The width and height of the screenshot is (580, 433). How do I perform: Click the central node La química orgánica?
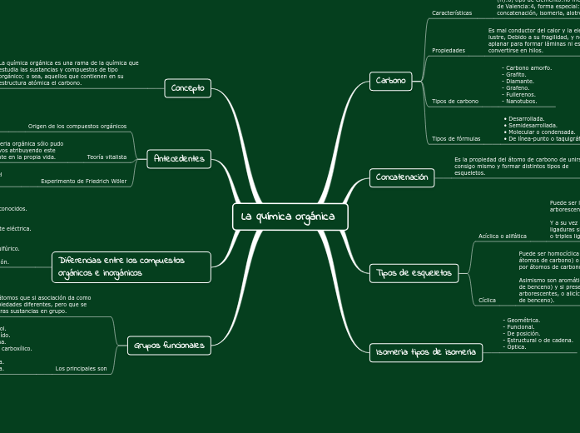tap(289, 217)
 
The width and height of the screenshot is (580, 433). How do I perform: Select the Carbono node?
tap(391, 81)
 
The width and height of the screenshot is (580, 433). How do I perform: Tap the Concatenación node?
tap(402, 177)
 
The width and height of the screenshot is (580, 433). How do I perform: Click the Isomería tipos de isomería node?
tap(425, 352)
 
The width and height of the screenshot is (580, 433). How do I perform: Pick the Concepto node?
tap(188, 88)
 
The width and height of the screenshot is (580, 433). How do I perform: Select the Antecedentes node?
tap(179, 158)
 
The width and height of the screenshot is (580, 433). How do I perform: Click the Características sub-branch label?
tap(452, 13)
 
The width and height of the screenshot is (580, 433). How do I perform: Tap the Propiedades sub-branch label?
tap(449, 51)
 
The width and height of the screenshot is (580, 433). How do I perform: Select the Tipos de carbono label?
tap(455, 102)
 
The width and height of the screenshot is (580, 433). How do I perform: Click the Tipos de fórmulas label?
tap(456, 138)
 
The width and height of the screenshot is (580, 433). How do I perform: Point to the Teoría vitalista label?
tap(107, 157)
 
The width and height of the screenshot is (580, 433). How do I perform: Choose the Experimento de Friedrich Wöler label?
tap(84, 181)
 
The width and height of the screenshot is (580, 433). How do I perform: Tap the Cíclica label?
tap(488, 300)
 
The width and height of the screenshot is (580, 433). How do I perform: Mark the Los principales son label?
tap(81, 368)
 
